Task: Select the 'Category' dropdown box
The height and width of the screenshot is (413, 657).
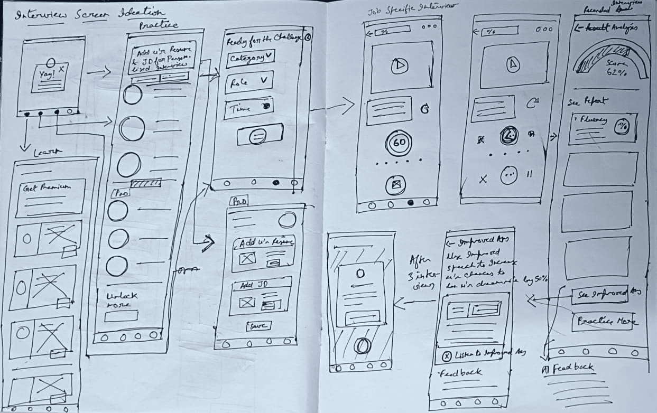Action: (x=251, y=58)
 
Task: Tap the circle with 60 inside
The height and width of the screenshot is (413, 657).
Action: (x=399, y=143)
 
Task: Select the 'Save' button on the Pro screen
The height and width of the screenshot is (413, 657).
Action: (x=259, y=325)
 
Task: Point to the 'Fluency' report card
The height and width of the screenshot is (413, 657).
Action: (x=602, y=129)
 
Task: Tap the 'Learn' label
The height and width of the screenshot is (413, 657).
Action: (x=48, y=153)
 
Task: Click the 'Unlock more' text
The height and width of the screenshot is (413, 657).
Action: (x=122, y=300)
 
